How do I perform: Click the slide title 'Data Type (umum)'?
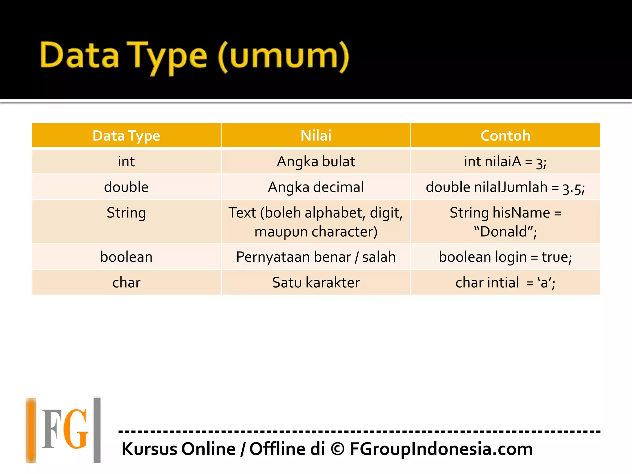coord(194,57)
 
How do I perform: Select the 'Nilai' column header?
coord(316,136)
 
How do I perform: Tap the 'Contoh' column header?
coord(505,136)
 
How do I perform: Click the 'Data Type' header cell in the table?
coord(126,136)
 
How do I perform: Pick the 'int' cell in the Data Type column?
coord(126,162)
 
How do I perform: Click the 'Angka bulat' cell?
coord(316,162)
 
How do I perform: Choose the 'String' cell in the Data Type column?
coord(126,213)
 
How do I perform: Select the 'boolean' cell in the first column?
coord(126,257)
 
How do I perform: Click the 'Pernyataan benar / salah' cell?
coord(316,257)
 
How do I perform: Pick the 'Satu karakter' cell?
coord(316,283)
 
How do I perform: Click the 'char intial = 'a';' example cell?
coord(505,283)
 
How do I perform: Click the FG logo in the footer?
coord(64,430)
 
